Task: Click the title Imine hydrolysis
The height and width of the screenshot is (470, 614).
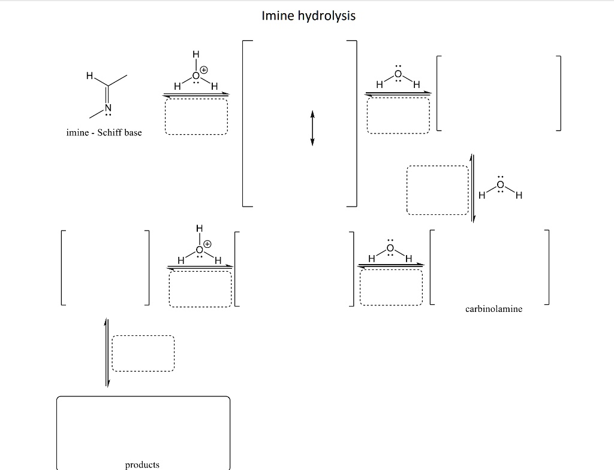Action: [308, 16]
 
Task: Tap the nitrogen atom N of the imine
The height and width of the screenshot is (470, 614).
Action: [109, 108]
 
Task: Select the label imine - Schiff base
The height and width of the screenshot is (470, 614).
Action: [104, 132]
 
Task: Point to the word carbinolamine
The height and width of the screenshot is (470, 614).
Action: [493, 309]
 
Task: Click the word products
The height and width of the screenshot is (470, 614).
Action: [142, 465]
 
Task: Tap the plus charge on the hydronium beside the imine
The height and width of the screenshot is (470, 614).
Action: [204, 70]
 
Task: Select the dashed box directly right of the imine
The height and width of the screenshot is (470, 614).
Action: [196, 117]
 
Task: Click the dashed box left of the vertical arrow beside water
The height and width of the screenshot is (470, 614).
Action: [437, 190]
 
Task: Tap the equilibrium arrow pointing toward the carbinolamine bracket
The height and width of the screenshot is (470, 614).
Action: [390, 265]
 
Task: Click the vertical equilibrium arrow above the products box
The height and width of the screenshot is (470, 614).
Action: [107, 353]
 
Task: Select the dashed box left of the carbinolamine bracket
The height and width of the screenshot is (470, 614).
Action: [391, 287]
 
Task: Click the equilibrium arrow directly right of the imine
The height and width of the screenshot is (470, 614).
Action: [196, 94]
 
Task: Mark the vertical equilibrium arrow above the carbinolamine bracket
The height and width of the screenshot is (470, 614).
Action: [472, 188]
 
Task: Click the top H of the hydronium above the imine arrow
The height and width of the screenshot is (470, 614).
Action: [195, 55]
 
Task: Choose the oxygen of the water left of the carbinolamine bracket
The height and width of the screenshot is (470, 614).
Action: [390, 248]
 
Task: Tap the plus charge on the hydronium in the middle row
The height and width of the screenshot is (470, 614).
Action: [207, 244]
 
